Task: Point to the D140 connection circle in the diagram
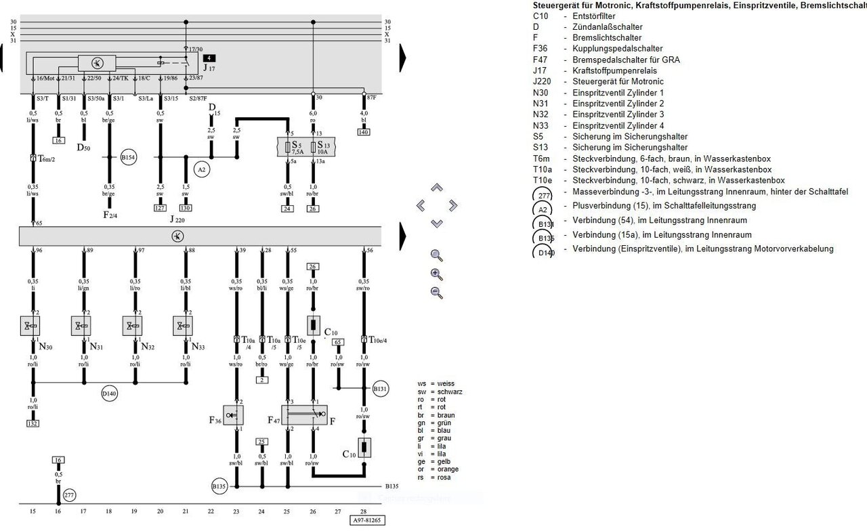110,392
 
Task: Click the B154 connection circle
129,158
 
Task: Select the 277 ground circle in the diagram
69,495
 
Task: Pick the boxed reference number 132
33,423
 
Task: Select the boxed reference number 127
160,209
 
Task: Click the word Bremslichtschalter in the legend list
607,38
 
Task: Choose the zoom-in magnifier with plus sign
437,274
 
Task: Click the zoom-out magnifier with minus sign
437,293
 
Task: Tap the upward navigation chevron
437,188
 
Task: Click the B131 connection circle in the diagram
379,389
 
